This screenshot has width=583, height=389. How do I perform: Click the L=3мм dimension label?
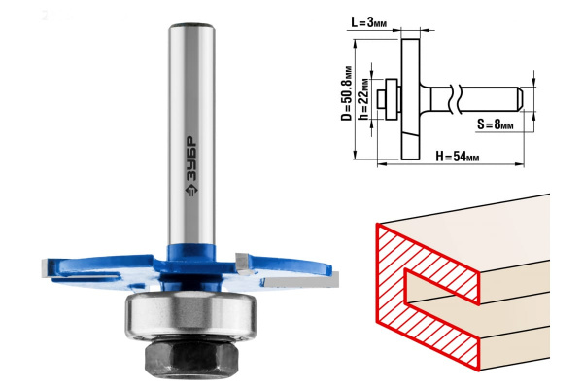(x=369, y=22)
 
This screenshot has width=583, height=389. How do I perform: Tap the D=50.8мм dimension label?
(x=347, y=93)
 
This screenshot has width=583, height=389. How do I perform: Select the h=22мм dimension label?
(x=364, y=99)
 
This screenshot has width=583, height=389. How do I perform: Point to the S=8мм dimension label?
(x=495, y=124)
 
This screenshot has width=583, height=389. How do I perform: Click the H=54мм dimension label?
(x=458, y=157)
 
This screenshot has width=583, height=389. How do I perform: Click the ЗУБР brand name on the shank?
(x=191, y=159)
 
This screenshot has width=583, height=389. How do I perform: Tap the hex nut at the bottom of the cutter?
(x=190, y=358)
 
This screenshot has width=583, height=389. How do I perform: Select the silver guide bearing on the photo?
(x=190, y=315)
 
